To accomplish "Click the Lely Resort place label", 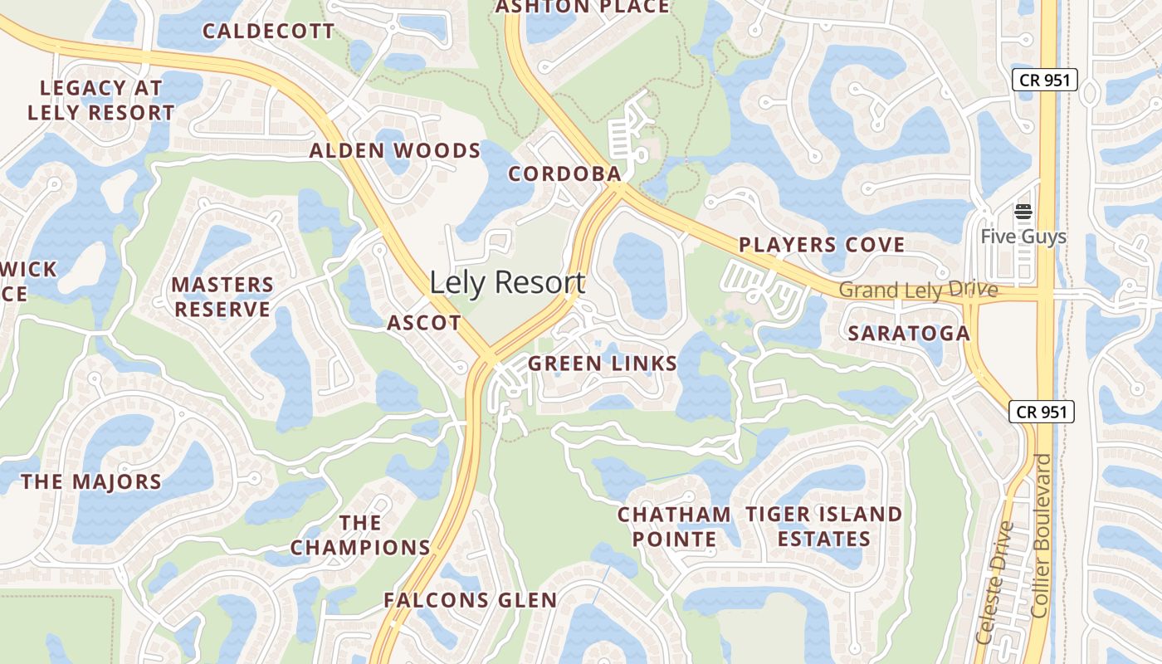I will coord(507,283).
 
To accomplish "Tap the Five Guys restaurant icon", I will coord(1023,212).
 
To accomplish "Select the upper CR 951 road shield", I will coord(1044,81).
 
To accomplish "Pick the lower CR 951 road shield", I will coord(1042,411).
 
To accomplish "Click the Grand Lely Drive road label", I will coord(918,290).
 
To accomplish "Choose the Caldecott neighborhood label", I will coord(269,32).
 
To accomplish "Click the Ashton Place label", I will coord(582,7).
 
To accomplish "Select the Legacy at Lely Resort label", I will coord(101,100).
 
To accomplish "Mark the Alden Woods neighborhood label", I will coord(395,151).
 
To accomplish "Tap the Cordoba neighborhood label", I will coord(564,173).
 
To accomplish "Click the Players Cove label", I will coord(822,245).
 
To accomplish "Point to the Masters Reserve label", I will coord(222,297).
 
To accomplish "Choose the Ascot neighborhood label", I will coord(424,323).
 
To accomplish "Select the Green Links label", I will coord(603,364).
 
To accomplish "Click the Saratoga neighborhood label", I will coord(909,334).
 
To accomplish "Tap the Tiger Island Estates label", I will coord(823,526).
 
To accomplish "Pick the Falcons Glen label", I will coord(470,600).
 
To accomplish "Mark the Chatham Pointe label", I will coord(674,526).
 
